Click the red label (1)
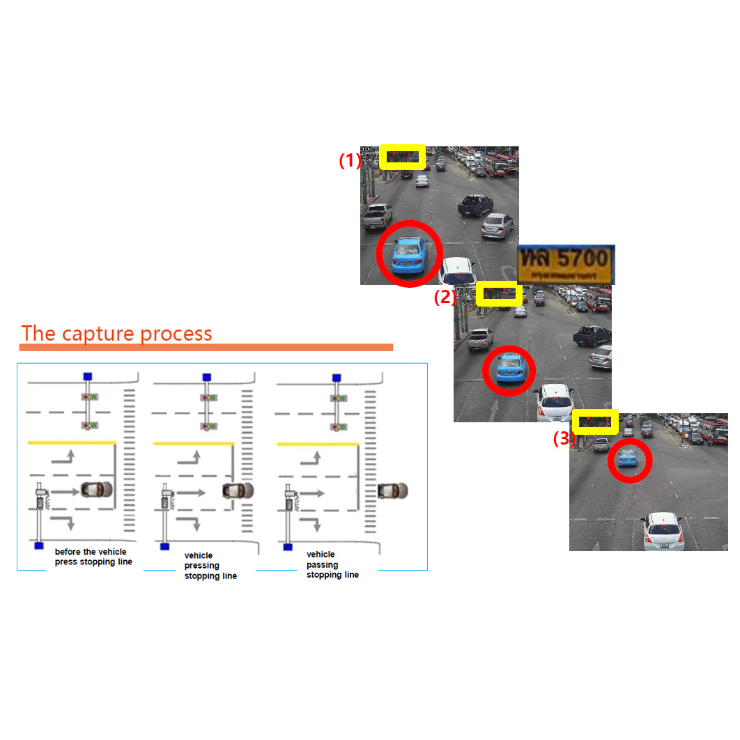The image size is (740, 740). [x=350, y=161]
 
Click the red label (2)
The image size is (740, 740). [x=445, y=298]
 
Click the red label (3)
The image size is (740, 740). [x=564, y=439]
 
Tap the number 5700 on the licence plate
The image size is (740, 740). [x=583, y=259]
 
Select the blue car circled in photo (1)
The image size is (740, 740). [x=409, y=254]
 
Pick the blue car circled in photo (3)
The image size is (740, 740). [x=628, y=458]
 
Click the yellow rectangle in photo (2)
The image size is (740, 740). [x=499, y=293]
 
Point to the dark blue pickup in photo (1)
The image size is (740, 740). [x=476, y=204]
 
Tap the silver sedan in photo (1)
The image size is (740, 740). [x=498, y=226]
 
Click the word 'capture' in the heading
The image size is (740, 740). [x=98, y=334]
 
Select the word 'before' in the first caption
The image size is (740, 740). [x=68, y=552]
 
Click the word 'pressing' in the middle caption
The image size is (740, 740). [x=202, y=566]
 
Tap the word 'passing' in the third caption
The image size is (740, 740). [x=323, y=564]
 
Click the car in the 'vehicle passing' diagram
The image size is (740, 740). [x=393, y=491]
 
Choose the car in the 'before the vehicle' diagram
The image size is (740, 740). [x=96, y=489]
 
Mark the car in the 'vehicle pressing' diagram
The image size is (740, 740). [x=238, y=491]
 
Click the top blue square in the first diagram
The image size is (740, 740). [x=88, y=376]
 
